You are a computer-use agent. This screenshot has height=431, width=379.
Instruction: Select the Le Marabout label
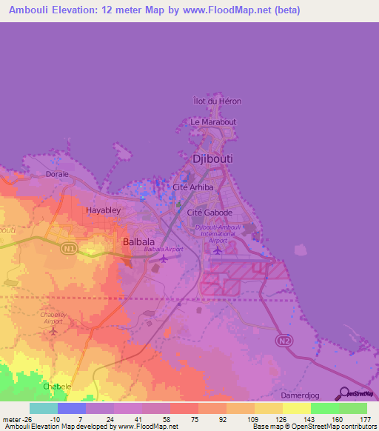coord(213,121)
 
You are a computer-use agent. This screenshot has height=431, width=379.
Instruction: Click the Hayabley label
coord(103,210)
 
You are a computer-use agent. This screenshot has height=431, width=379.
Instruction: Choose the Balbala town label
coord(138,241)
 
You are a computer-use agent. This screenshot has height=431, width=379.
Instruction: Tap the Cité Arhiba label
coord(192,188)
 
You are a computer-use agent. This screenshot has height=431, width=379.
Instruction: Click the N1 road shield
coord(68,250)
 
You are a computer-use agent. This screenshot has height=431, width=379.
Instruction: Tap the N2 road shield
coord(283,339)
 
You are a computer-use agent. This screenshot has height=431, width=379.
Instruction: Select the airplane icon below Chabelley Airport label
coord(52,330)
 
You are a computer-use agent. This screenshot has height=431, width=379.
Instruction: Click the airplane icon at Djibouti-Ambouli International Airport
coord(217,249)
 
